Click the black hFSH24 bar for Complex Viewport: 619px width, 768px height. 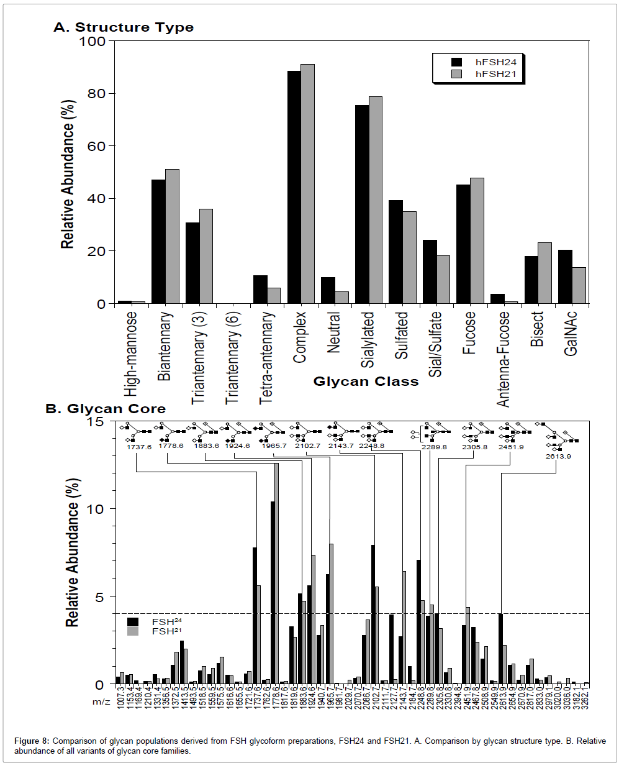pyautogui.click(x=294, y=186)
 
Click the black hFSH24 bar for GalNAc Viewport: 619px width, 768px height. pyautogui.click(x=565, y=277)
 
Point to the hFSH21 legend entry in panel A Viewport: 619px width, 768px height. pyautogui.click(x=495, y=74)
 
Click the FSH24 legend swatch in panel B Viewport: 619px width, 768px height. pyautogui.click(x=133, y=621)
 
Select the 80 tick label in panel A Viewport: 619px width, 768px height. pyautogui.click(x=96, y=94)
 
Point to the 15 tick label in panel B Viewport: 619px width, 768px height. pyautogui.click(x=96, y=422)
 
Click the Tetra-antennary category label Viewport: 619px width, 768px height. pyautogui.click(x=266, y=357)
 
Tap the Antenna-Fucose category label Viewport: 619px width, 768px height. pyautogui.click(x=504, y=359)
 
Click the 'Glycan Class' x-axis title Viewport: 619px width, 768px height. pyautogui.click(x=366, y=382)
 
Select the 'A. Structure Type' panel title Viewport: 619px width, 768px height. pyautogui.click(x=124, y=27)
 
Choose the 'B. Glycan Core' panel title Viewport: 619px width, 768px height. pyautogui.click(x=106, y=409)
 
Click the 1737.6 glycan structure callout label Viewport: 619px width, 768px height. pyautogui.click(x=139, y=447)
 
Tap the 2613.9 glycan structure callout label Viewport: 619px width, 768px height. pyautogui.click(x=558, y=456)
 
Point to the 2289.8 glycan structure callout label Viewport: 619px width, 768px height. pyautogui.click(x=434, y=447)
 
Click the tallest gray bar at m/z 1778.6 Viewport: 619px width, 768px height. pyautogui.click(x=276, y=572)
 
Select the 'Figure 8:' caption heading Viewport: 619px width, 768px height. pyautogui.click(x=32, y=741)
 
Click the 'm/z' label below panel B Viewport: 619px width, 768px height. pyautogui.click(x=101, y=702)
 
